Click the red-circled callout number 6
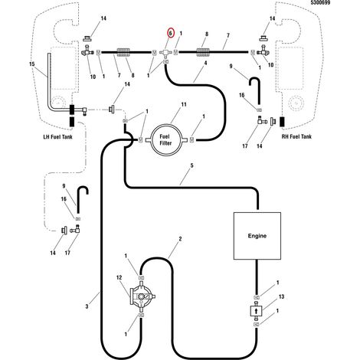pos(170,33)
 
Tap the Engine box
pos(257,236)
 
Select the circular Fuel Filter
pos(166,140)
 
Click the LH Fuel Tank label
pos(57,137)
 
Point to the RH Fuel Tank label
pos(296,136)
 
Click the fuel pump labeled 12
pos(142,296)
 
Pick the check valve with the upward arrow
pos(256,310)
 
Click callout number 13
pos(281,296)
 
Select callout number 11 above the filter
pos(184,104)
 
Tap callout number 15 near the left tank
pos(32,64)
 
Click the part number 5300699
pos(320,2)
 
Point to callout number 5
pos(191,165)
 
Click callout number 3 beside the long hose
pos(87,306)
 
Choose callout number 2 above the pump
pos(180,239)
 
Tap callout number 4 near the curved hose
pos(205,63)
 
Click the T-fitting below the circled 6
pos(165,52)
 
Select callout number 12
pos(119,277)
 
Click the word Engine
pos(257,236)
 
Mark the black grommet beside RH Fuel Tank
pos(283,122)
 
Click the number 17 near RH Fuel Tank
pos(245,146)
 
